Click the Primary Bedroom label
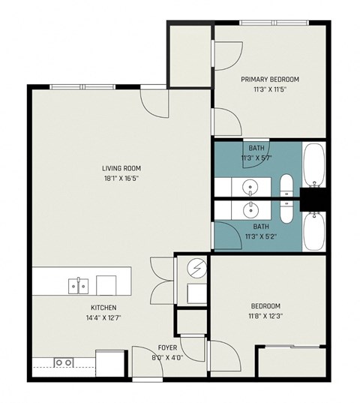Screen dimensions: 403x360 (x=270, y=80)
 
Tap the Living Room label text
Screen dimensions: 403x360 (x=122, y=168)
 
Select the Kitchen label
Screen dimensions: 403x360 (x=103, y=308)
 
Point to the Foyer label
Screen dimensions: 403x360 (x=166, y=347)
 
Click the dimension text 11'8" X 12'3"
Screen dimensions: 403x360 (x=265, y=317)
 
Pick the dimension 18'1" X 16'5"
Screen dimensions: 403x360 (x=122, y=179)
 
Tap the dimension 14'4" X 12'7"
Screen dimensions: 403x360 (x=103, y=317)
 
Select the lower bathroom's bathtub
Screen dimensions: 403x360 (x=313, y=232)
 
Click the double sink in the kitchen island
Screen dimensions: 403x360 (x=78, y=285)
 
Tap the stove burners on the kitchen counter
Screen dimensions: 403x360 (x=64, y=362)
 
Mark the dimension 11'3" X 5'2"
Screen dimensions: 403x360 (x=260, y=236)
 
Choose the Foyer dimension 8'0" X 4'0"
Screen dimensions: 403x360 (x=166, y=357)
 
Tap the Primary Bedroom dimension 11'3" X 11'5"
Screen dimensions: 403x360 (x=270, y=89)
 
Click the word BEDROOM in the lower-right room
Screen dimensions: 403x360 (x=265, y=306)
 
